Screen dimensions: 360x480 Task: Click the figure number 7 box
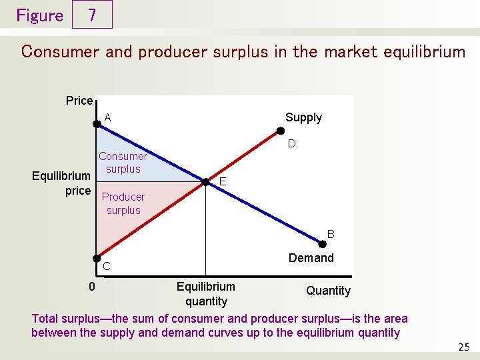pyautogui.click(x=92, y=15)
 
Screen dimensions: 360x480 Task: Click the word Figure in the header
pyautogui.click(x=39, y=15)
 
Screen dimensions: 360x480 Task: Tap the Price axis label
pyautogui.click(x=79, y=101)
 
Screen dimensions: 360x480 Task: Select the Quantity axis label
pyautogui.click(x=328, y=291)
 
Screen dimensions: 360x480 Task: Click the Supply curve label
pyautogui.click(x=303, y=117)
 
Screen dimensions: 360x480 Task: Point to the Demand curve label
pyautogui.click(x=311, y=258)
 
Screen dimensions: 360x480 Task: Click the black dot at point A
pyautogui.click(x=97, y=123)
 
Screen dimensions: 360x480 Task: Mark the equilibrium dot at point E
pyautogui.click(x=206, y=181)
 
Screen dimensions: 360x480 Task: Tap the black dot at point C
pyautogui.click(x=97, y=259)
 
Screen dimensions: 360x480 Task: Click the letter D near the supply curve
pyautogui.click(x=291, y=144)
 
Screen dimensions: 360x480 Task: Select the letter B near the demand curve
pyautogui.click(x=330, y=235)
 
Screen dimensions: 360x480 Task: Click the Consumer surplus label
pyautogui.click(x=123, y=163)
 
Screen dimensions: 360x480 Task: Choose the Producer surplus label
pyautogui.click(x=123, y=203)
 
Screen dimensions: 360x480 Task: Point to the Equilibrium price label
pyautogui.click(x=61, y=183)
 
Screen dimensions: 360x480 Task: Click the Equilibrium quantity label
pyautogui.click(x=206, y=294)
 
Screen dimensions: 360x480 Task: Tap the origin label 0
pyautogui.click(x=93, y=287)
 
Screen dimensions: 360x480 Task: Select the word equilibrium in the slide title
pyautogui.click(x=413, y=51)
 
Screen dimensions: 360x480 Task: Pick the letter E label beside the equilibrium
pyautogui.click(x=223, y=181)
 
